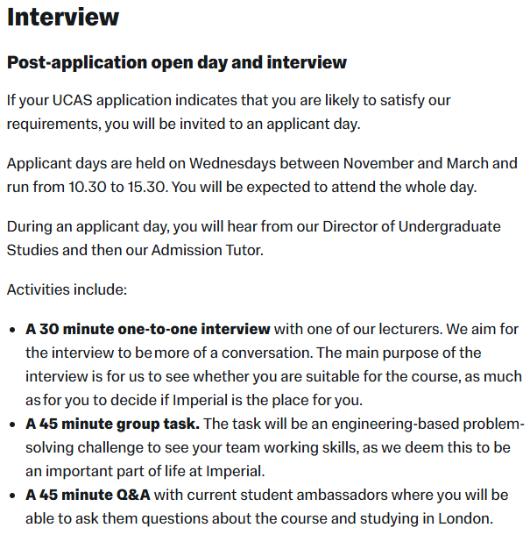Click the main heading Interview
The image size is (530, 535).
pyautogui.click(x=63, y=18)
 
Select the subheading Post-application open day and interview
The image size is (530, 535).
pyautogui.click(x=176, y=63)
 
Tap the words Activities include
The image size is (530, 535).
pyautogui.click(x=67, y=289)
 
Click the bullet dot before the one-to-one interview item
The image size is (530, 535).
pyautogui.click(x=12, y=330)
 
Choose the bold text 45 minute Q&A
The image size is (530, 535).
pyautogui.click(x=88, y=496)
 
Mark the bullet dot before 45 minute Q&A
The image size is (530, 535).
pyautogui.click(x=12, y=496)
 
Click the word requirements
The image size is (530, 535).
pyautogui.click(x=52, y=124)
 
